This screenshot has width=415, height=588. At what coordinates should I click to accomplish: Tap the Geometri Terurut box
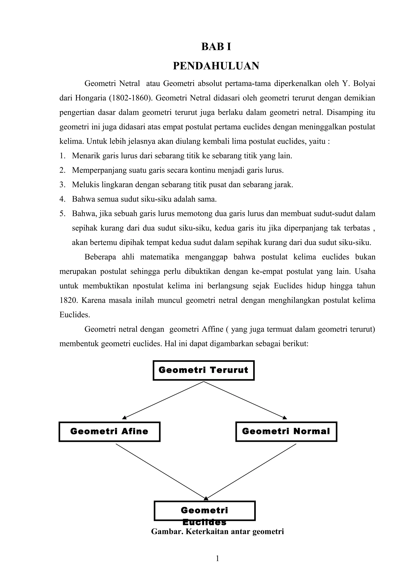click(203, 370)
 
